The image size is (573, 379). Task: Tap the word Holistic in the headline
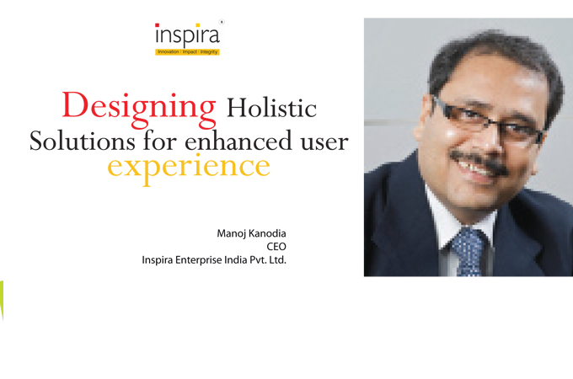click(271, 108)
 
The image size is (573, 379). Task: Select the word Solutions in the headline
click(83, 141)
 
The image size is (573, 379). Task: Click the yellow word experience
click(189, 168)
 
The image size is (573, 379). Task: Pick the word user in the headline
click(324, 142)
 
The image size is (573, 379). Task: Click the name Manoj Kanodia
click(251, 233)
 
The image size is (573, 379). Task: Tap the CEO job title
click(276, 247)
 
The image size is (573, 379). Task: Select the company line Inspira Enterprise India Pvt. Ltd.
click(214, 260)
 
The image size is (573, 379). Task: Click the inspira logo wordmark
click(187, 35)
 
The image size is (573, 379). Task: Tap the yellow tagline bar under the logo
click(187, 52)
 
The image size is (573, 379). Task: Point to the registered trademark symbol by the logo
click(222, 22)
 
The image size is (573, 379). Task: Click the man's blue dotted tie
click(468, 252)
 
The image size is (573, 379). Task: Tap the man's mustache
click(479, 161)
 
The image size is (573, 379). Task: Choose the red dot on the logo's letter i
click(157, 25)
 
